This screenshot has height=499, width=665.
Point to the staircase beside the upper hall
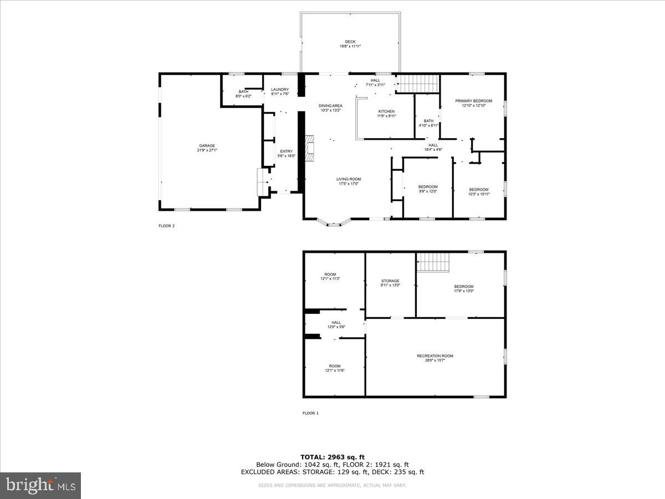(418, 84)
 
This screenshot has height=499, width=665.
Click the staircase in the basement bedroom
(432, 262)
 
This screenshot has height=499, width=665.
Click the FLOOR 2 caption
(166, 226)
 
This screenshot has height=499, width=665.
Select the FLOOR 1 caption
(310, 413)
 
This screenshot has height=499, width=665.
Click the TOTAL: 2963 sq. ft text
(332, 457)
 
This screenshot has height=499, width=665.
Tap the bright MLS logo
(40, 486)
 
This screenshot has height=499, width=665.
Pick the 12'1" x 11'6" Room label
(335, 368)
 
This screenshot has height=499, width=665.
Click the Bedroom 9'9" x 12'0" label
(428, 189)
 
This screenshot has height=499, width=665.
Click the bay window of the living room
(334, 224)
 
